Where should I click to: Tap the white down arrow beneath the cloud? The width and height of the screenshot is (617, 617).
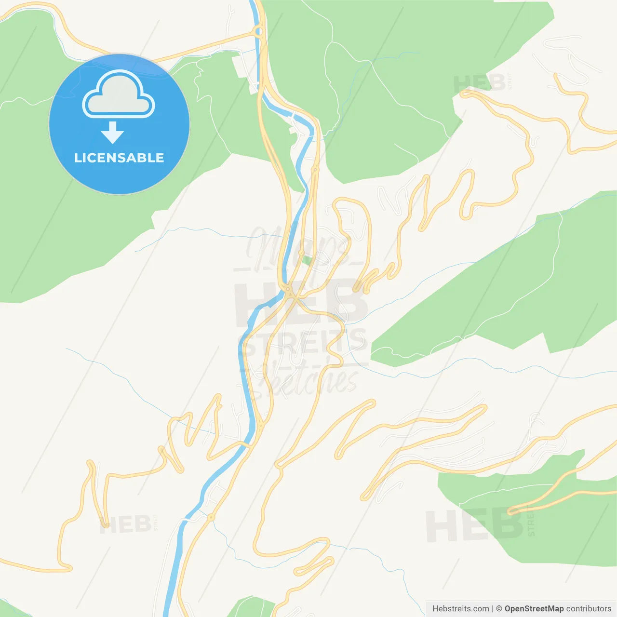(113, 133)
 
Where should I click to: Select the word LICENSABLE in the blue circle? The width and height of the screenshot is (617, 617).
(119, 158)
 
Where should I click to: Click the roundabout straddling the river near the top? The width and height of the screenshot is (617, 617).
(259, 32)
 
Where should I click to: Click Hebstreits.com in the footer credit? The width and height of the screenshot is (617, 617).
(460, 608)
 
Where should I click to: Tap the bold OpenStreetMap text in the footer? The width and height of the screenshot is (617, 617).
(534, 608)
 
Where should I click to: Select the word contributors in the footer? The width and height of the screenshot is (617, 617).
(589, 608)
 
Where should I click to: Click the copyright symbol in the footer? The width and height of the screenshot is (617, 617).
(499, 608)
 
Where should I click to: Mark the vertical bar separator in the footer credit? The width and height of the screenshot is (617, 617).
(492, 608)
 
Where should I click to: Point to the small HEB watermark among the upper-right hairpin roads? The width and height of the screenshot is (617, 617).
(479, 83)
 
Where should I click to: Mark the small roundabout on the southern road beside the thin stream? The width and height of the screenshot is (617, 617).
(211, 517)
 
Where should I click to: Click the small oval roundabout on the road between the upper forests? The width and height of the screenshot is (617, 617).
(315, 170)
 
